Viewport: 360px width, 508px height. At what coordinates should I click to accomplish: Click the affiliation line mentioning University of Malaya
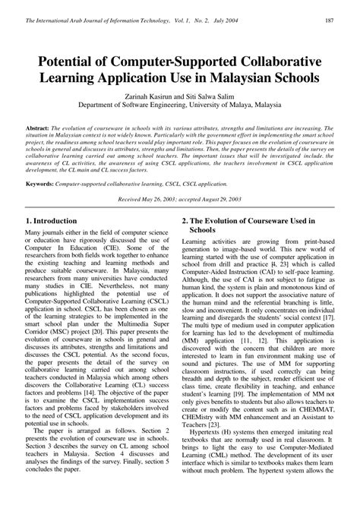point(179,108)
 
